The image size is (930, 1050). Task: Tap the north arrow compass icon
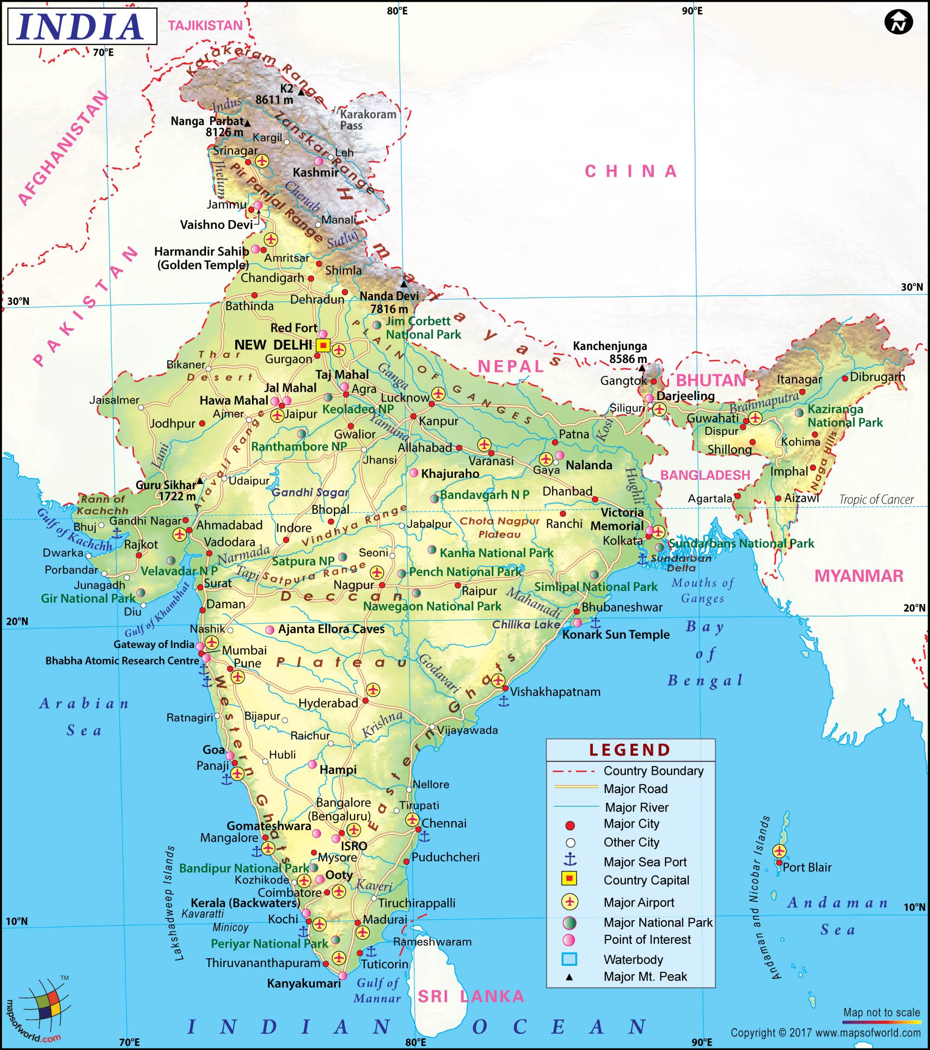pos(898,22)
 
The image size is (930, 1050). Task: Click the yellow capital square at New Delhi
pos(322,345)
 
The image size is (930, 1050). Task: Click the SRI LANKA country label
pos(471,996)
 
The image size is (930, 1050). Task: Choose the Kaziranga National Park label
pos(845,416)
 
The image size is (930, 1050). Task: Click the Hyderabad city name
pos(328,703)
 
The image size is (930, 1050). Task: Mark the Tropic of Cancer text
pos(876,499)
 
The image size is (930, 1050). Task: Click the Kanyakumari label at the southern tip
pos(304,983)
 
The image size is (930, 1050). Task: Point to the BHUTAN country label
pos(711,380)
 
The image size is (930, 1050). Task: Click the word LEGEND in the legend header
pos(630,750)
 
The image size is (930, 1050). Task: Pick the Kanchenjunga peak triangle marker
pos(642,368)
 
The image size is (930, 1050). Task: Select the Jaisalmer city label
pos(114,400)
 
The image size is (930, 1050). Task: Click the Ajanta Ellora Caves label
pos(331,629)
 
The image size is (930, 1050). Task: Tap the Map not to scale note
pos(881,1012)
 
